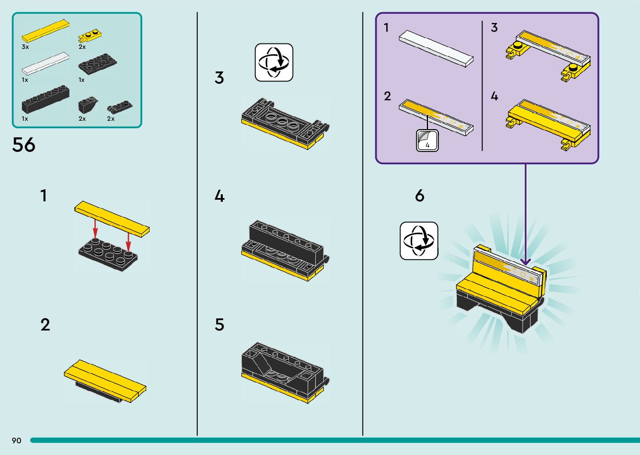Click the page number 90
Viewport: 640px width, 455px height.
[17, 440]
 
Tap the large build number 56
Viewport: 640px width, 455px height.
[24, 145]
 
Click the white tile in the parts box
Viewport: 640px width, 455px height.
[46, 64]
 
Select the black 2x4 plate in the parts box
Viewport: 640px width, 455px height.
[97, 64]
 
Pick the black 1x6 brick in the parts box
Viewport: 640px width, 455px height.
[46, 99]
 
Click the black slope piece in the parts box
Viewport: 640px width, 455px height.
[88, 105]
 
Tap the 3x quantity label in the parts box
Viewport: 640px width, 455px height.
[25, 47]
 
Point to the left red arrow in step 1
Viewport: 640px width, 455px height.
[95, 229]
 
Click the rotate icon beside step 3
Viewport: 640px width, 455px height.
[274, 62]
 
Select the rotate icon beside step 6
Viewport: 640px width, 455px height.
[419, 241]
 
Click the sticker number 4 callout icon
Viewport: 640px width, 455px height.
[427, 140]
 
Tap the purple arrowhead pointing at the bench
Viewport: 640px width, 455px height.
[525, 261]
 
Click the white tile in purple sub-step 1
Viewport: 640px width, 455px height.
[436, 48]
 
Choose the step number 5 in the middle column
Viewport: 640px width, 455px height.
[219, 325]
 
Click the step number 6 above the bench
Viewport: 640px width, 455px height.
[420, 196]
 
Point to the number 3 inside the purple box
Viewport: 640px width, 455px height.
[494, 28]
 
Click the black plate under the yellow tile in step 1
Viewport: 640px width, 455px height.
[108, 255]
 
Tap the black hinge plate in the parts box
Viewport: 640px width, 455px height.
[120, 107]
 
